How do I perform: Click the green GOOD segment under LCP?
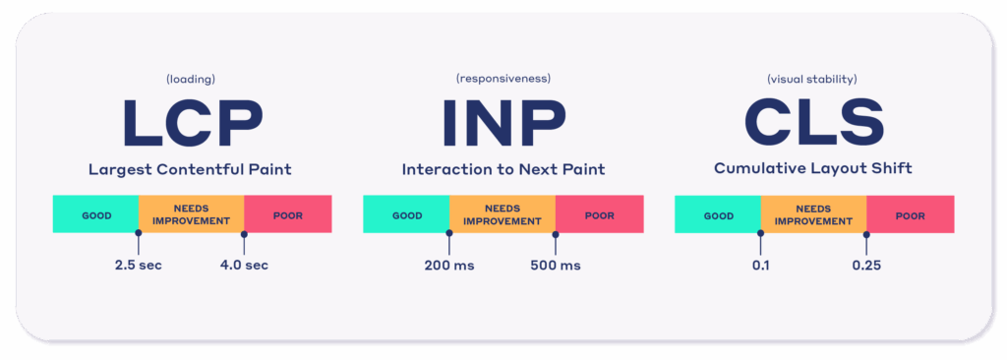click(x=95, y=214)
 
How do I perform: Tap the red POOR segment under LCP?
click(x=288, y=214)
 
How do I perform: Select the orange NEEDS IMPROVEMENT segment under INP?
click(x=503, y=214)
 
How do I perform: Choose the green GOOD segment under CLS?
click(x=718, y=214)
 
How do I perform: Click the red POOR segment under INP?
click(x=600, y=214)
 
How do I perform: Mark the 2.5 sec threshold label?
click(x=139, y=265)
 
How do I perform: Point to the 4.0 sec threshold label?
click(x=244, y=265)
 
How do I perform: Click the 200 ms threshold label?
click(x=449, y=265)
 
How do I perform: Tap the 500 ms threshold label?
click(x=556, y=265)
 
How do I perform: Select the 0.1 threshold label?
click(x=760, y=265)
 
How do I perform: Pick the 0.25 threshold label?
click(x=866, y=265)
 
